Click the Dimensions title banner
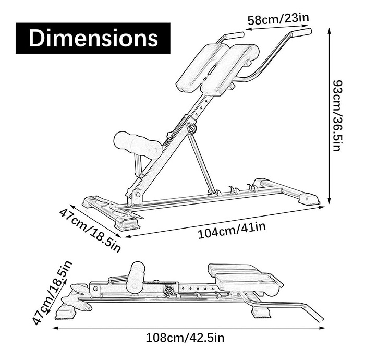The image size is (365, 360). click(x=93, y=38)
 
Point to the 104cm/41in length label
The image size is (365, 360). click(x=232, y=230)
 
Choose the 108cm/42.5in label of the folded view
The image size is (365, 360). click(x=185, y=338)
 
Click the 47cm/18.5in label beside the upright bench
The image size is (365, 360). click(x=90, y=230)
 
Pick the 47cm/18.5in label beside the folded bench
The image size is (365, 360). click(x=52, y=292)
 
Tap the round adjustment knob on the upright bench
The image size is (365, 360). click(x=192, y=128)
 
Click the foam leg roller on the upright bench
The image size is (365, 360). click(x=137, y=145)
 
